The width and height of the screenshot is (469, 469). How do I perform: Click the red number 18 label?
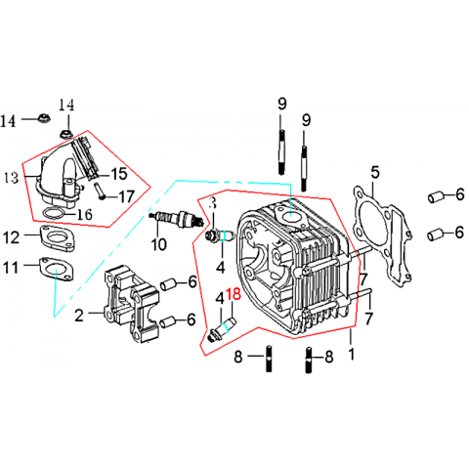click(x=234, y=294)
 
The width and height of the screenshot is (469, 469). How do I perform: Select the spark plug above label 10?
click(x=177, y=219)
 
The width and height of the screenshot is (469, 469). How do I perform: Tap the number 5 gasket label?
click(x=375, y=172)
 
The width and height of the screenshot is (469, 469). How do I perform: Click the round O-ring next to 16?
click(x=50, y=213)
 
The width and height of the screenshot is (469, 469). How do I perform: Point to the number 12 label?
click(x=11, y=237)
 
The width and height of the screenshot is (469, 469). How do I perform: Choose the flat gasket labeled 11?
click(x=58, y=269)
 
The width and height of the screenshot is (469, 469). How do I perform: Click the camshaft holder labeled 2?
click(x=132, y=303)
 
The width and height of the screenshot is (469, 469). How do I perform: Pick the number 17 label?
click(x=126, y=196)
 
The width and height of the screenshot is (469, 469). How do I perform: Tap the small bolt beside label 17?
click(x=99, y=191)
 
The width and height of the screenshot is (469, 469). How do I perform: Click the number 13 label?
click(x=12, y=178)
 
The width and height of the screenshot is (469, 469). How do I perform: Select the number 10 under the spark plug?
click(x=159, y=244)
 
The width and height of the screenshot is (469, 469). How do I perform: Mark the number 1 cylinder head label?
click(x=351, y=354)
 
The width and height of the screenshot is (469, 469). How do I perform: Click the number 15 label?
click(x=119, y=174)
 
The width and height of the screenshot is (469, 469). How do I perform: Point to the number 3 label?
click(x=212, y=203)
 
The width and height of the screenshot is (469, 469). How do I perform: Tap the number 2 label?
click(x=79, y=316)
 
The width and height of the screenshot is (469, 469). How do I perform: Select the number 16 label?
click(x=85, y=214)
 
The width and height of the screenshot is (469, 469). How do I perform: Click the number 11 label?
click(x=11, y=268)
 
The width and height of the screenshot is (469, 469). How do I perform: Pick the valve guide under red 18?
click(x=223, y=329)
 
